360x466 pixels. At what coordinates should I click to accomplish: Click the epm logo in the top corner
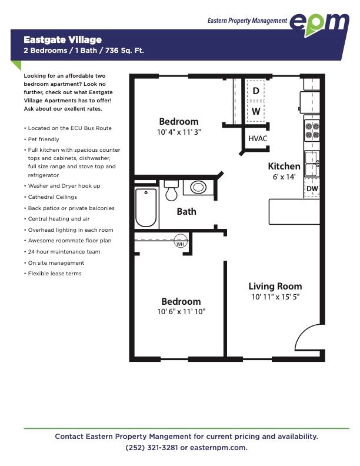click(x=319, y=24)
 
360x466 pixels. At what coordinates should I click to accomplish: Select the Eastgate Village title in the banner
click(x=63, y=40)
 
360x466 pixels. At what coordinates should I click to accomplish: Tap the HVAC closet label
click(x=258, y=138)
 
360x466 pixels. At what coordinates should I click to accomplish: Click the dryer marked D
click(x=256, y=91)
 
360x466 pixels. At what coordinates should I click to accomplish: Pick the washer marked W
click(x=256, y=111)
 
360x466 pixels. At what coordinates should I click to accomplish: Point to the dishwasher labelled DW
click(x=312, y=188)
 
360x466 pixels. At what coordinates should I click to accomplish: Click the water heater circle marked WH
click(x=181, y=241)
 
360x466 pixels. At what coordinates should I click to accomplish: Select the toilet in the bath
click(x=171, y=190)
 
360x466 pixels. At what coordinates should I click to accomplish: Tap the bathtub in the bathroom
click(x=146, y=208)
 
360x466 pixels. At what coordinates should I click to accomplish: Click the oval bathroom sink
click(x=198, y=187)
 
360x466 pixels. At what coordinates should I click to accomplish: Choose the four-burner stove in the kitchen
click(x=312, y=131)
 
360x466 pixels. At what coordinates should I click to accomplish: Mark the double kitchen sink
click(x=312, y=164)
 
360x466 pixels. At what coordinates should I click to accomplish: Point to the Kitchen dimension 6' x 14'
click(x=284, y=177)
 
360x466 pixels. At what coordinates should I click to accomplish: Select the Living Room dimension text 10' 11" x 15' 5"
click(x=275, y=297)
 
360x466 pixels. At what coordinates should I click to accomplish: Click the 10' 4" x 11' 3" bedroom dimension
click(x=179, y=132)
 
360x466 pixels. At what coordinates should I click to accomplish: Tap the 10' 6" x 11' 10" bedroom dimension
click(x=181, y=311)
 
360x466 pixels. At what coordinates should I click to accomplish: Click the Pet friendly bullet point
click(x=44, y=139)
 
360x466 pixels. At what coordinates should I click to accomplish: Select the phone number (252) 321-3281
click(x=152, y=448)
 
